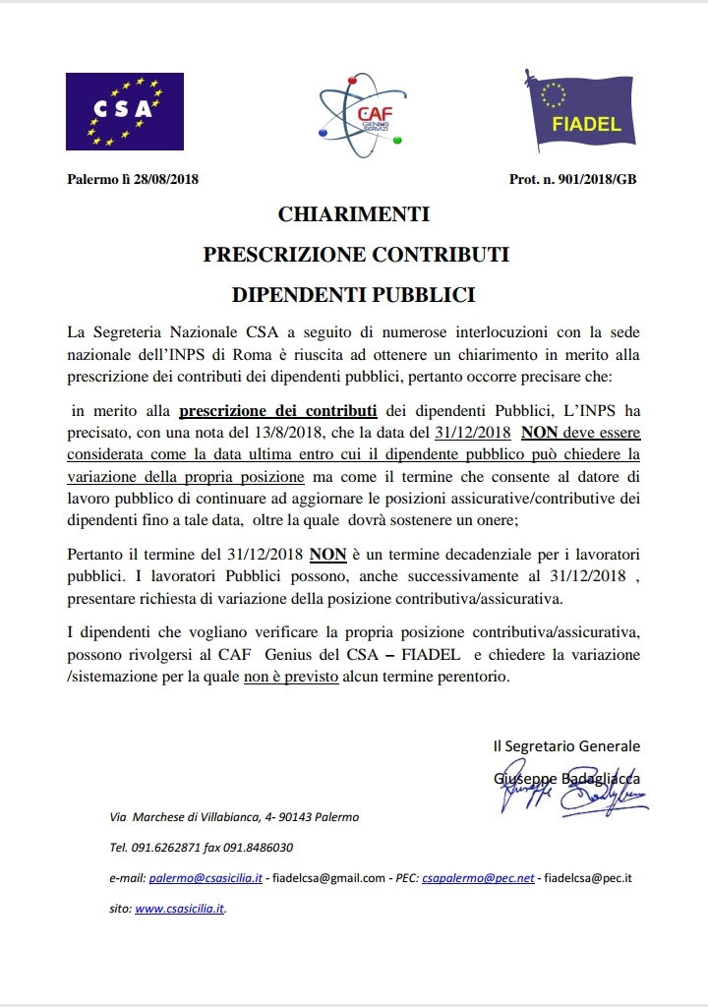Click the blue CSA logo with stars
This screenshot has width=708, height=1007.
pos(125,111)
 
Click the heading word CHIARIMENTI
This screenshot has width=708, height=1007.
pos(354,214)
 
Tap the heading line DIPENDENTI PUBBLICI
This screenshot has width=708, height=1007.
pos(354,294)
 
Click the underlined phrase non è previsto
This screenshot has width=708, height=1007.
pos(291,677)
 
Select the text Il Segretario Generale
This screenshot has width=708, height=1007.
pos(566,746)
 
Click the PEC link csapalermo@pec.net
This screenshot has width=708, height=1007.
pos(478,878)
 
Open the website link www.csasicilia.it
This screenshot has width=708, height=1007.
pos(180,910)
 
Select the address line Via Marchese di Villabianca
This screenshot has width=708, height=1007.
pos(234,816)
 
